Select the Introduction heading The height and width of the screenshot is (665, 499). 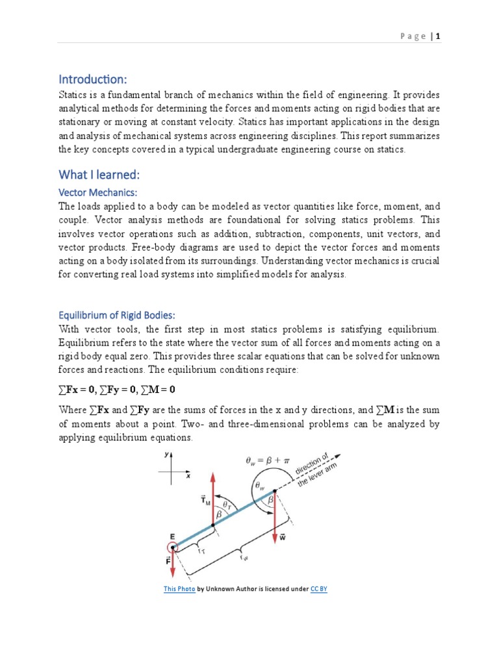click(x=93, y=79)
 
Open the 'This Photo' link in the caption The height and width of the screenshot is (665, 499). click(x=179, y=589)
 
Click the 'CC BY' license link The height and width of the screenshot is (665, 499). click(x=318, y=589)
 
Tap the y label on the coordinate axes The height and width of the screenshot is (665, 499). click(x=168, y=455)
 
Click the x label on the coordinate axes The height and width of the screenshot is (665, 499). click(x=188, y=475)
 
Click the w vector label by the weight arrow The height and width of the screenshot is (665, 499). click(x=283, y=537)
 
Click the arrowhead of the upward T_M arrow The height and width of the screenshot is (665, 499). click(x=212, y=475)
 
